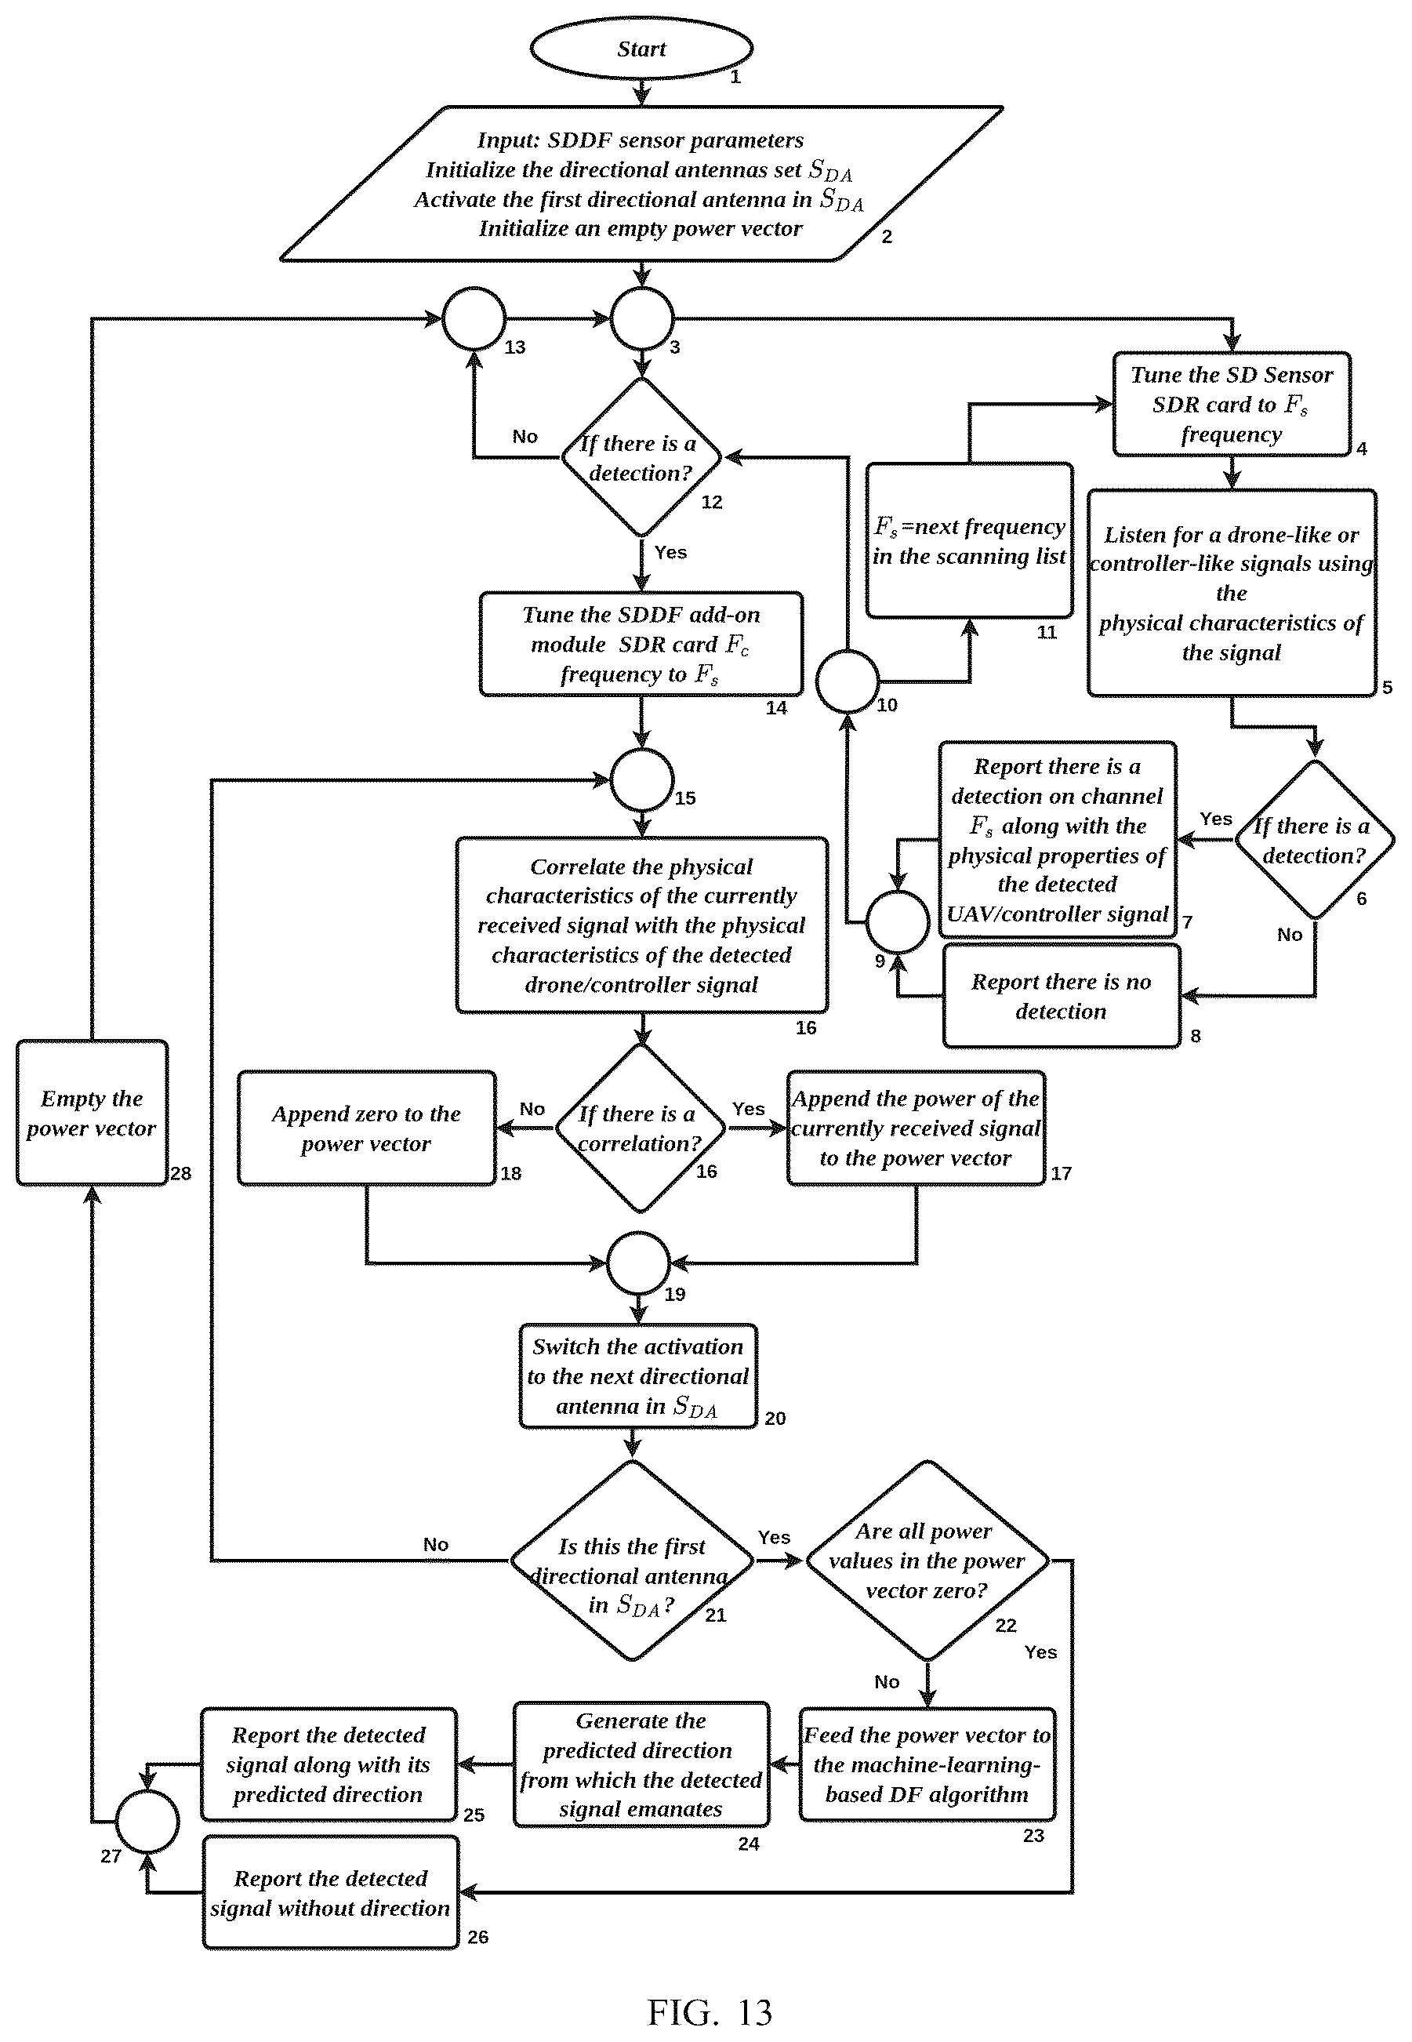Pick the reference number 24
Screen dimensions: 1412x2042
point(749,1844)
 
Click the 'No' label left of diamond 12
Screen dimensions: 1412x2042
point(525,436)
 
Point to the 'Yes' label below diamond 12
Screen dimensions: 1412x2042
point(670,552)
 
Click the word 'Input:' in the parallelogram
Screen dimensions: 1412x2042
point(508,140)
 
